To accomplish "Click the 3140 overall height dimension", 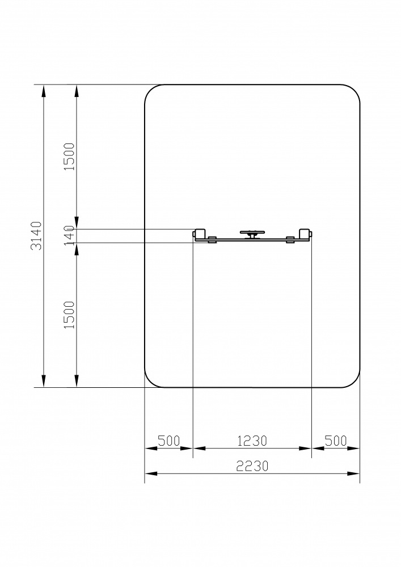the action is pos(36,236).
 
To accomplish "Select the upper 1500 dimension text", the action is pos(69,156).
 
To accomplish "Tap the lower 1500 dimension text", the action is pos(69,315).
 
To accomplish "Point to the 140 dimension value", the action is pos(69,235).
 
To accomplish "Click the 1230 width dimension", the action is pos(252,441).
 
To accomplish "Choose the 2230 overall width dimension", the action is pos(252,466).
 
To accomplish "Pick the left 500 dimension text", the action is pos(169,441).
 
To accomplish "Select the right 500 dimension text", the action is pos(336,441).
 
